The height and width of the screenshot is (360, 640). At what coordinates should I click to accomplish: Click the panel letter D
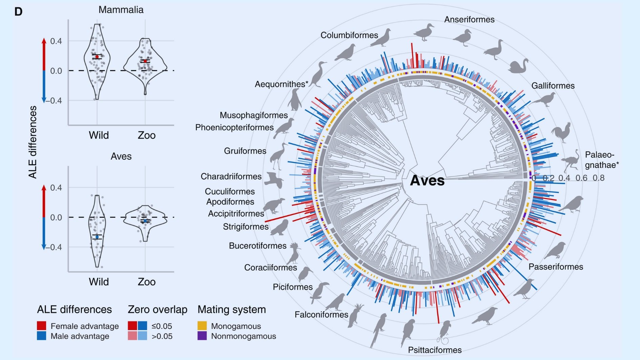[18, 12]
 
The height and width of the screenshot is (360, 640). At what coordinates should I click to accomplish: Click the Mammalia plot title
[121, 10]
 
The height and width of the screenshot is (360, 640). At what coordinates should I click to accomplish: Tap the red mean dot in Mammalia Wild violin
[97, 57]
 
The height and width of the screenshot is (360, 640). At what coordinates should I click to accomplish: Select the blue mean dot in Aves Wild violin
[97, 237]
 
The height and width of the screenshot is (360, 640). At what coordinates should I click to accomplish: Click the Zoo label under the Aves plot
[147, 282]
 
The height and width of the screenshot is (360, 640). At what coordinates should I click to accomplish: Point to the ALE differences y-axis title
[33, 142]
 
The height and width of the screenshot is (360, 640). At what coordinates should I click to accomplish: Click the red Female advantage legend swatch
[42, 326]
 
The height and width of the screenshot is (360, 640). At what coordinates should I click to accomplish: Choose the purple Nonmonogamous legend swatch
[202, 336]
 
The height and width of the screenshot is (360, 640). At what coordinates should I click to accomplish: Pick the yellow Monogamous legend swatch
[202, 326]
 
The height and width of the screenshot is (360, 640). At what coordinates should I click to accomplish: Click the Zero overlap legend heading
[157, 310]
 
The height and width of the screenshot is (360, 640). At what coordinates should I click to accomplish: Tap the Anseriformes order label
[469, 20]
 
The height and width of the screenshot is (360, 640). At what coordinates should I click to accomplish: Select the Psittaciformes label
[434, 350]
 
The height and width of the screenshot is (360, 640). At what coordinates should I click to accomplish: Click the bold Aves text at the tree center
[427, 181]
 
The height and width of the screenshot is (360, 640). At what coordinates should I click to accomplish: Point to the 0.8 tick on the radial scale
[599, 178]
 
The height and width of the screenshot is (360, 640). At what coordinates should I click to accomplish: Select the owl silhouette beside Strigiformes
[280, 228]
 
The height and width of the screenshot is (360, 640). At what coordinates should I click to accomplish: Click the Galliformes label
[553, 86]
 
